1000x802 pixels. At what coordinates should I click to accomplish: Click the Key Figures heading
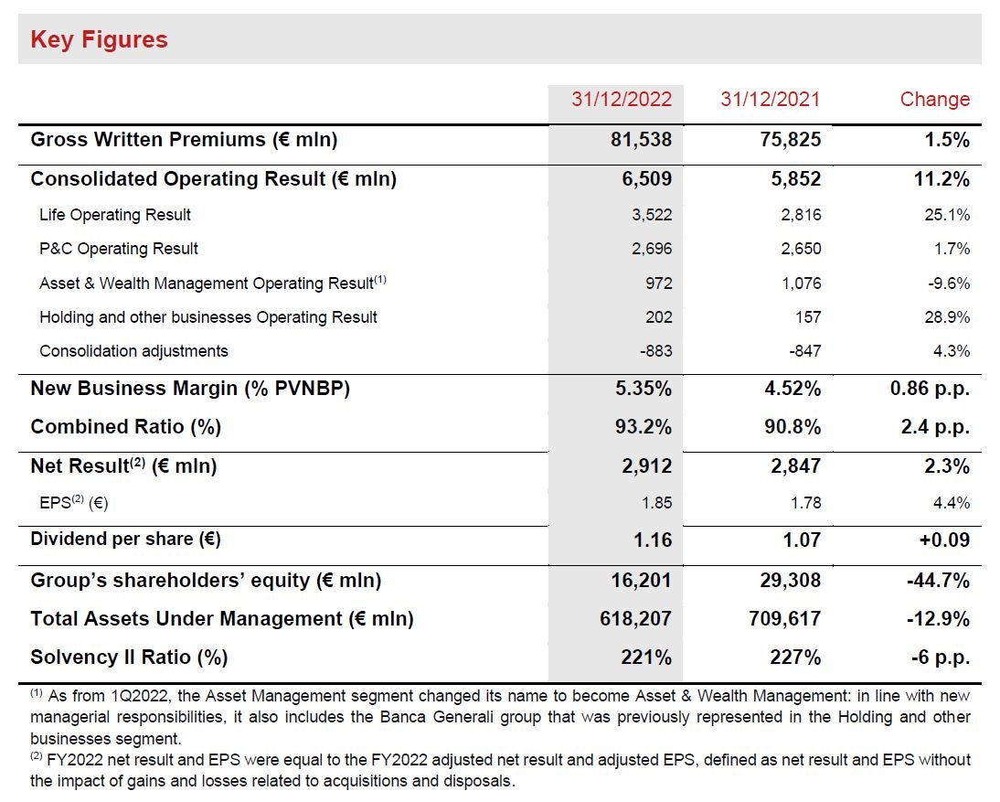(99, 39)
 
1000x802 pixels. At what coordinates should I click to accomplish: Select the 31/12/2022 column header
(622, 99)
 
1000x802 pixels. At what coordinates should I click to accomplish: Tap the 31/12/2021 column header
(770, 99)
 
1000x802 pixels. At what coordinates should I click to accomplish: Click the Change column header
(934, 99)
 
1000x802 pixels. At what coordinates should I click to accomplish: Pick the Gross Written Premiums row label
(184, 140)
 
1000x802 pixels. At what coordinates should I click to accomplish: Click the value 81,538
(641, 140)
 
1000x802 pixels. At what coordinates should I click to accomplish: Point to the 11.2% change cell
(941, 178)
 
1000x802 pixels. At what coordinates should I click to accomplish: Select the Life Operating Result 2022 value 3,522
(652, 215)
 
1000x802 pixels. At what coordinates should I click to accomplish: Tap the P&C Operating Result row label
(119, 249)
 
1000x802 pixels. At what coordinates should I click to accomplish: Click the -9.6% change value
(949, 283)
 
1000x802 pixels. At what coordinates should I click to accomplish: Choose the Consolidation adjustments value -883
(655, 351)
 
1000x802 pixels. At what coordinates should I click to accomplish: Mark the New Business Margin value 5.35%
(643, 389)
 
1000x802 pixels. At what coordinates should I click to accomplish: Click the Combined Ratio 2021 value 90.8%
(793, 427)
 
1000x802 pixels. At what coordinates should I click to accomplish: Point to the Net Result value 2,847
(795, 466)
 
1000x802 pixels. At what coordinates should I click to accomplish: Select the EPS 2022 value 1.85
(657, 503)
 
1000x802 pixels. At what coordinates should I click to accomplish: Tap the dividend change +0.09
(944, 540)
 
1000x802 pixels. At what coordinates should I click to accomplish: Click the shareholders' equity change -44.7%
(938, 581)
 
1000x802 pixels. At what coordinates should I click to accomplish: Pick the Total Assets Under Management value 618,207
(635, 619)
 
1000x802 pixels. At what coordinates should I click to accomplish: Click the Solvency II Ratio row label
(129, 658)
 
